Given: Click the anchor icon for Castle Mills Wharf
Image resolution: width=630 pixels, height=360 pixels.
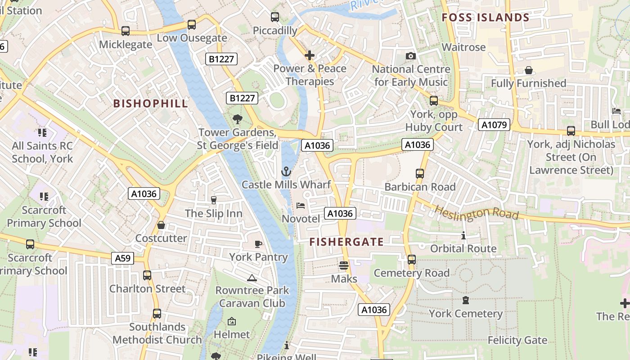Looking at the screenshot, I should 286,171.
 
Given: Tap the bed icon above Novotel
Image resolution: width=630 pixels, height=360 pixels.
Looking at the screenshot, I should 301,206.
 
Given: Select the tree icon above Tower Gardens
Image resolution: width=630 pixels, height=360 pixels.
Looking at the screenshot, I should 237,119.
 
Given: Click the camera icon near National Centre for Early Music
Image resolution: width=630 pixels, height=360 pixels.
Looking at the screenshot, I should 410,56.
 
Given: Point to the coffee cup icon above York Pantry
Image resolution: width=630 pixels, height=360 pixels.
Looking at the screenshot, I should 258,244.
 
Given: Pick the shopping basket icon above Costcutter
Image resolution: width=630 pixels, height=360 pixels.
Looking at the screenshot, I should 161,225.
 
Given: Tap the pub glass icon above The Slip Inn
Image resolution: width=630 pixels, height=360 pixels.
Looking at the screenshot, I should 214,200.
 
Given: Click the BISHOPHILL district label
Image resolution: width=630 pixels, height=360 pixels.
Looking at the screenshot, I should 150,103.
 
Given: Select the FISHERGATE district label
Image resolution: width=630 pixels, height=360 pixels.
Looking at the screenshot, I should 346,242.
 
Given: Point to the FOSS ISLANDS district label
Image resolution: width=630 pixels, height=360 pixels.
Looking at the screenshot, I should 486,18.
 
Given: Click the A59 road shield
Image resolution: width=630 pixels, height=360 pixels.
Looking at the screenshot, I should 122,258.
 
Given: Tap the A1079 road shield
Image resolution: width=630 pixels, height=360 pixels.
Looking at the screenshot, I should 494,125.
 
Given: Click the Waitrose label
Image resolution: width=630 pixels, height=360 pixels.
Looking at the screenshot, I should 463,47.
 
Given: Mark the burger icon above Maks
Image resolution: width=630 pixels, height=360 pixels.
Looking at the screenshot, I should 344,265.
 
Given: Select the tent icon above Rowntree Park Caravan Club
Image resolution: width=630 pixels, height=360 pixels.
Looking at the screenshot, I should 252,277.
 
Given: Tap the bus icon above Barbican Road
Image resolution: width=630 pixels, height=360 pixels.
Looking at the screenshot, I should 419,173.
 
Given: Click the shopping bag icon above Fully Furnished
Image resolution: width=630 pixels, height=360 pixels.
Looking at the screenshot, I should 528,70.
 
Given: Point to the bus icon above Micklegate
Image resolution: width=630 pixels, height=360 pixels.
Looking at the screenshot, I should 126,31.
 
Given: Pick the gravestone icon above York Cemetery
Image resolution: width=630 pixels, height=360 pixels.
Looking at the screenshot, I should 465,300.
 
